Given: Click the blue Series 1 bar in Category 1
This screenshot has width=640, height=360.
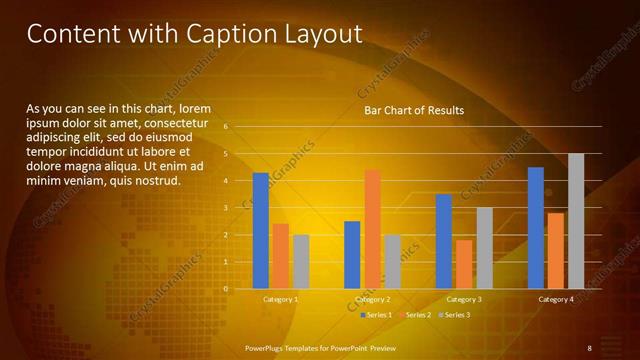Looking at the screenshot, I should pyautogui.click(x=260, y=230).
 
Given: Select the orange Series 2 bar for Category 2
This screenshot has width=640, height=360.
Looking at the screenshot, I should pyautogui.click(x=372, y=229).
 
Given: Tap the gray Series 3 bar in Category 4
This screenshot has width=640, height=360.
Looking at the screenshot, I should pyautogui.click(x=576, y=221).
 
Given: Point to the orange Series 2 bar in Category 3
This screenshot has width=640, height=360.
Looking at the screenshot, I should pyautogui.click(x=464, y=264).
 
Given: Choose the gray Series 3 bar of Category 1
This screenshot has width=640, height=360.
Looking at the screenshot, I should pyautogui.click(x=301, y=261).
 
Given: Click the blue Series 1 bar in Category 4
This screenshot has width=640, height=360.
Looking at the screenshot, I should pyautogui.click(x=536, y=227).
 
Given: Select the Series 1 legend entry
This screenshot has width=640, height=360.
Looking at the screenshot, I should pyautogui.click(x=376, y=315).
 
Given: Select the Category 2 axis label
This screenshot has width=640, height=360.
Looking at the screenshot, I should pyautogui.click(x=372, y=299).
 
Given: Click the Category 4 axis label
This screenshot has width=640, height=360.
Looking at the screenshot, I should pyautogui.click(x=556, y=299).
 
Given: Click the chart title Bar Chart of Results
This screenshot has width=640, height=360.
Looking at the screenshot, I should pyautogui.click(x=414, y=110).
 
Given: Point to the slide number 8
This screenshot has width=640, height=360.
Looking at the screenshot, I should pyautogui.click(x=589, y=347).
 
